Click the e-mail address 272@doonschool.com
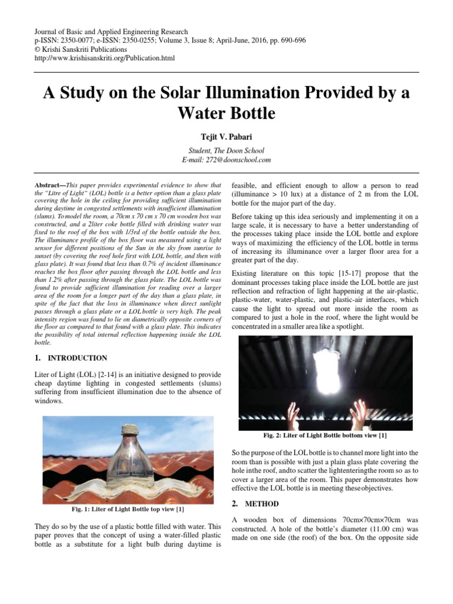[x=226, y=160]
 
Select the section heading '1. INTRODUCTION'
[x=71, y=358]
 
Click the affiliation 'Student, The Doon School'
[x=226, y=150]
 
